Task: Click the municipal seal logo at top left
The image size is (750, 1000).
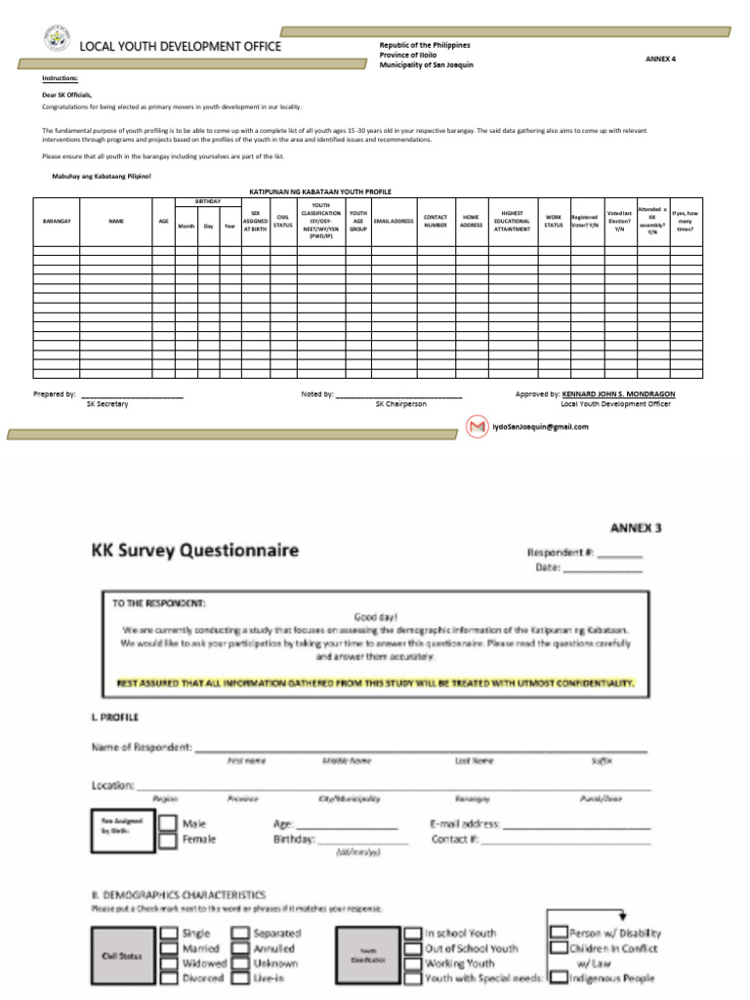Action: click(57, 40)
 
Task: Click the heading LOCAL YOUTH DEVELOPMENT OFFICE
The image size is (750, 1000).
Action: click(180, 46)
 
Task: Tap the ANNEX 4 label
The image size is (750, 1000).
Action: click(660, 59)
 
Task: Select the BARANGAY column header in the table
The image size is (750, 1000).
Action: click(57, 222)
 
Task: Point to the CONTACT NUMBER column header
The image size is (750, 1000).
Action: click(435, 222)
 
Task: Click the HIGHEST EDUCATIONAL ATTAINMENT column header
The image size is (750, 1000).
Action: click(512, 222)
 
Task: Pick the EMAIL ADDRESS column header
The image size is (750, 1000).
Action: click(394, 222)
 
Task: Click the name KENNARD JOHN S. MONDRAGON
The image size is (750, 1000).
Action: click(617, 394)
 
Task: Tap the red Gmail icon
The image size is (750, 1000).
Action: click(477, 427)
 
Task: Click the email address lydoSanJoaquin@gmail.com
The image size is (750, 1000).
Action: click(540, 427)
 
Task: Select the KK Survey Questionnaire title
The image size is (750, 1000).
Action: click(195, 550)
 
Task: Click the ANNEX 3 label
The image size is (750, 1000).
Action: click(636, 528)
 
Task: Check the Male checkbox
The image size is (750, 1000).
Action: click(169, 823)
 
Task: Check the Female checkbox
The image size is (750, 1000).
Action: click(169, 839)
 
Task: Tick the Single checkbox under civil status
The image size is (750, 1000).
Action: click(169, 933)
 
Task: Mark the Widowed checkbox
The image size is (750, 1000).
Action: click(169, 963)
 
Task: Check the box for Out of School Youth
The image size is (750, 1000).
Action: click(413, 948)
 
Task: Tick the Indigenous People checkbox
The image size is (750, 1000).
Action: click(558, 978)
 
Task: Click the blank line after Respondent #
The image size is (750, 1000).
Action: click(619, 554)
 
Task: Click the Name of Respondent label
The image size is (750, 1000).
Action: click(141, 748)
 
